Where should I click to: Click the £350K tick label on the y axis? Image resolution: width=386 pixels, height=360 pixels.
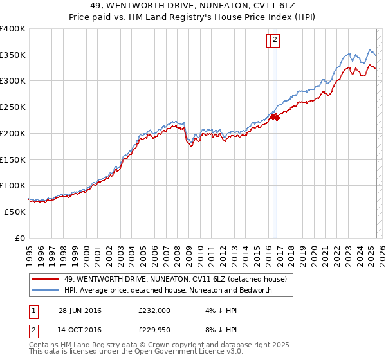13,55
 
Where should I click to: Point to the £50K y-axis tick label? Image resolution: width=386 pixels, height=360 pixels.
15,212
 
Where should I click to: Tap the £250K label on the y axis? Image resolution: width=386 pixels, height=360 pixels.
13,107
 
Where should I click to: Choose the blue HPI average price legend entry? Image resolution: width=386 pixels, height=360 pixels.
168,290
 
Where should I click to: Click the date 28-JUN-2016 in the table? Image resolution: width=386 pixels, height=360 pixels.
80,310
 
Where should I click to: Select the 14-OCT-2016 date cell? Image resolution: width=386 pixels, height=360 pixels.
80,332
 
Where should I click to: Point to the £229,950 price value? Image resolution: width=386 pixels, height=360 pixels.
154,332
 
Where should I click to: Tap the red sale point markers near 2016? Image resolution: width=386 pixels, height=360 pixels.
275,117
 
